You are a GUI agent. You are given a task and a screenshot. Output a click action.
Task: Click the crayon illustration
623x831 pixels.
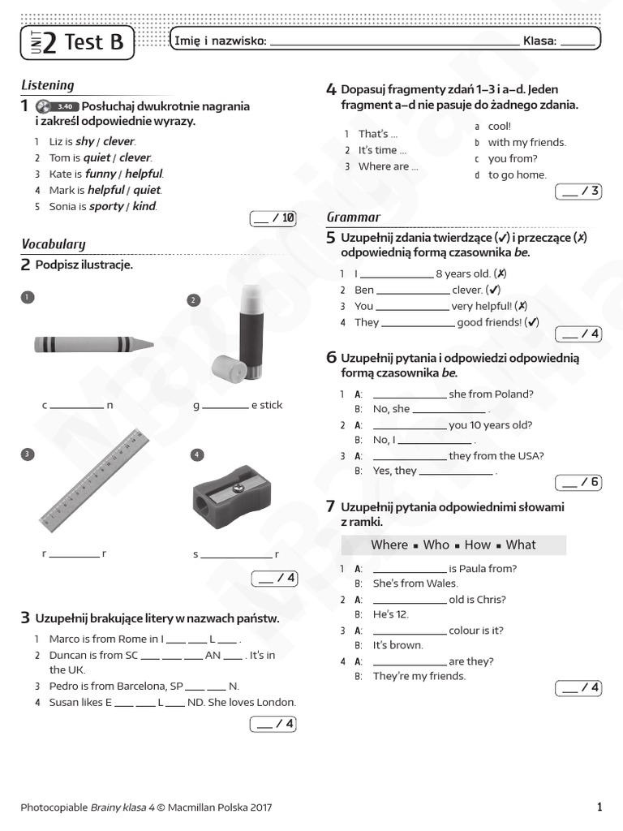(x=93, y=344)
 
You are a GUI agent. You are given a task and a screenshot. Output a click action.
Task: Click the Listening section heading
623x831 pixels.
(x=47, y=85)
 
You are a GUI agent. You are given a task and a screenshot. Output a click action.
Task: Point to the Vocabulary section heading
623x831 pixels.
(x=53, y=243)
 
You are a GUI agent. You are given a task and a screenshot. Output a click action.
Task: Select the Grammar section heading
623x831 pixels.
(x=353, y=217)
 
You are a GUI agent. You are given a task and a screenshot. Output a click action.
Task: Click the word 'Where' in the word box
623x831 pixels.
(x=389, y=545)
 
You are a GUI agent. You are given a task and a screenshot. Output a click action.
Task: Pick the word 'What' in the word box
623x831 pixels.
(x=521, y=545)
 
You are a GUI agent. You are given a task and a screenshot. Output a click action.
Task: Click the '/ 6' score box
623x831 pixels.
(x=578, y=482)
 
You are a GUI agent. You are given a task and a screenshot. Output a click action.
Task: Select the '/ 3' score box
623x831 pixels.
(x=578, y=192)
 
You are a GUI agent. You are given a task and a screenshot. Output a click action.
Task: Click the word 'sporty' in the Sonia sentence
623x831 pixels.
(x=106, y=206)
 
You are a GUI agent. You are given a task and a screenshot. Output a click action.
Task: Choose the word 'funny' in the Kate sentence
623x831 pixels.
(x=101, y=174)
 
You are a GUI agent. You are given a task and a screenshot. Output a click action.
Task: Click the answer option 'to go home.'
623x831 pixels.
(x=517, y=174)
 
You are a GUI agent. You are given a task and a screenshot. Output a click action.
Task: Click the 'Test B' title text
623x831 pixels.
(x=93, y=41)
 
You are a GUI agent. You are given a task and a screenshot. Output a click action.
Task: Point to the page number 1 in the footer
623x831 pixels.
(x=599, y=807)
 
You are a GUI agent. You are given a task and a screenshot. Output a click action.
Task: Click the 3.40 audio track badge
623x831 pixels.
(x=66, y=106)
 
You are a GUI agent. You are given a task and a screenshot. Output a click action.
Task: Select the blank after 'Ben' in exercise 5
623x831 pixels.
(x=413, y=290)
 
